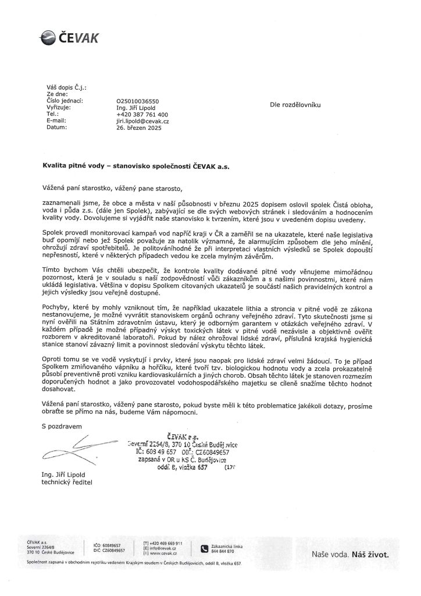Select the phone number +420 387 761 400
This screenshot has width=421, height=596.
pyautogui.click(x=142, y=114)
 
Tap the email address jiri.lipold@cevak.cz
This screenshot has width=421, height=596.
pyautogui.click(x=142, y=120)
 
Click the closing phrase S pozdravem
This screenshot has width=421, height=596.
pyautogui.click(x=58, y=426)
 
